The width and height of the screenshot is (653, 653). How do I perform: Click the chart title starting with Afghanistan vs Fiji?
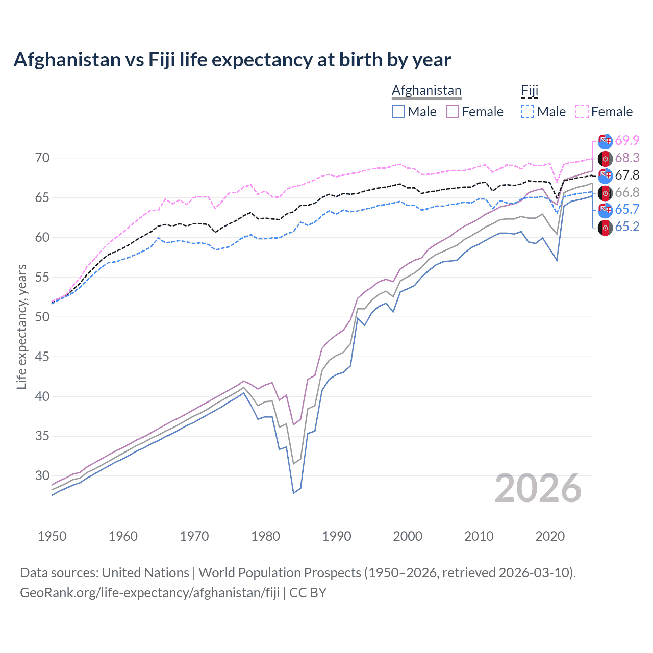point(232,60)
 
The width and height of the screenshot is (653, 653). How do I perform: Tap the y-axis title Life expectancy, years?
point(21,327)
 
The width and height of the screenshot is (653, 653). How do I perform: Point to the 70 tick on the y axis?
point(42,158)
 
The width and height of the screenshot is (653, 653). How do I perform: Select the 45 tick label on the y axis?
point(42,357)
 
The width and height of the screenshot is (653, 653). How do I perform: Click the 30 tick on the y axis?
point(42,475)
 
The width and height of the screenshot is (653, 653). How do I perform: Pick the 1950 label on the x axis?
point(52,536)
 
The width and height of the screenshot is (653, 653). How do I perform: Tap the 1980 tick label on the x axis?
point(265,536)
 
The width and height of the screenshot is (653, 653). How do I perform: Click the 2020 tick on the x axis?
point(550,536)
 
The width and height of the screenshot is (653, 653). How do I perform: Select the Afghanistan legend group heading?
point(426,90)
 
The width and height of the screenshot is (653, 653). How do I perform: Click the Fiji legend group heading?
point(530,90)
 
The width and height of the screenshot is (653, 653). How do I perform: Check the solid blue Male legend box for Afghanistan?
point(398,112)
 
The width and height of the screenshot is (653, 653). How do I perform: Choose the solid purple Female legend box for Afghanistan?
point(453,112)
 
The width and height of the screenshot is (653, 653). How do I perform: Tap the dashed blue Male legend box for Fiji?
point(528,112)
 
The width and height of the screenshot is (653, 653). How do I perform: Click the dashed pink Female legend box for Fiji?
point(582,112)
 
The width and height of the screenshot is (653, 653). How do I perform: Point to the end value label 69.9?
point(627,140)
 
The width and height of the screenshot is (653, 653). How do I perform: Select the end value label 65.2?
point(627,227)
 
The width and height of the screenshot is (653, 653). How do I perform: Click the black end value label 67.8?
point(627,175)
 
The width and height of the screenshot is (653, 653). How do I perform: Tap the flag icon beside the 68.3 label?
point(605,158)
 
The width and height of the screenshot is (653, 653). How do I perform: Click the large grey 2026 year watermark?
point(538,488)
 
